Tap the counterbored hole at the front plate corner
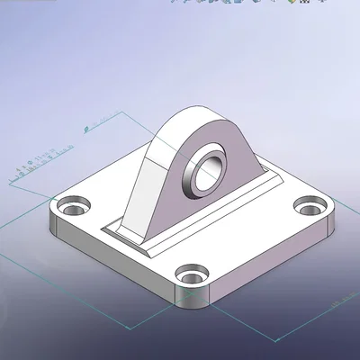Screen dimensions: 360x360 pyautogui.click(x=192, y=272)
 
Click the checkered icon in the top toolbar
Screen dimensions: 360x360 pyautogui.click(x=305, y=4)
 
